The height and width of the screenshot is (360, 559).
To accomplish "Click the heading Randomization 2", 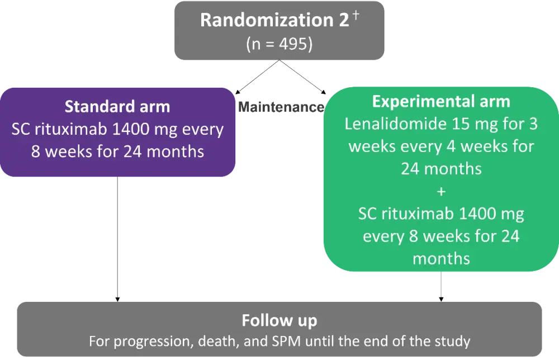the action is point(274,20).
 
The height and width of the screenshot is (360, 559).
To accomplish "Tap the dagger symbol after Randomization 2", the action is point(356,15).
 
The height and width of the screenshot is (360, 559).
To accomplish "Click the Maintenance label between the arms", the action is point(281,107).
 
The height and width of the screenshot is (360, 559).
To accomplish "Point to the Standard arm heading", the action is point(117,107).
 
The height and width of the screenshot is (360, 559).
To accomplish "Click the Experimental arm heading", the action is point(441,102).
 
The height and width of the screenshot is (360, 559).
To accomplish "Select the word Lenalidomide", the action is point(396,124).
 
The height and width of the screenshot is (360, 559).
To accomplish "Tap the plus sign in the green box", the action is point(442,192).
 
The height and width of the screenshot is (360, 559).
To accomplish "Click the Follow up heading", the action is point(279,320).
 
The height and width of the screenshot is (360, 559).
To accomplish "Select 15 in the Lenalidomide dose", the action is point(461,124).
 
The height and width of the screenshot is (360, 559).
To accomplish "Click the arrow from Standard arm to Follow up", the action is point(117,239).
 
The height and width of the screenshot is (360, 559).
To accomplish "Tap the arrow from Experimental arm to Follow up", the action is point(441,286).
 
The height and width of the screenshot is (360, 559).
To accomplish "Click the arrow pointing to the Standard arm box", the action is point(257,77).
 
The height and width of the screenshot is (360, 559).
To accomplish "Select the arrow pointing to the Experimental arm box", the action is point(302,77).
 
